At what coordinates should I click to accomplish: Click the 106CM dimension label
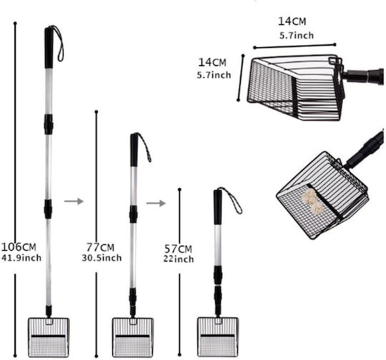[19, 246]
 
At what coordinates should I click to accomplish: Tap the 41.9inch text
[21, 258]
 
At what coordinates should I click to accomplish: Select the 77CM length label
[101, 247]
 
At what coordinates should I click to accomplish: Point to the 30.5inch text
[102, 258]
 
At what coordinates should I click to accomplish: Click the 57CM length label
[178, 249]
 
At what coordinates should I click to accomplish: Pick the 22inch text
[179, 259]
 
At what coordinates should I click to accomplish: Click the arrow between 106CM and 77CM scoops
[74, 201]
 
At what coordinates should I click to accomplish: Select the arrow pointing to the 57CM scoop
[156, 204]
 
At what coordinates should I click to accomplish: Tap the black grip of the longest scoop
[49, 48]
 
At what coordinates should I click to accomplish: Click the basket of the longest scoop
[49, 337]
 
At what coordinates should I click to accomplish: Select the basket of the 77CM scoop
[133, 337]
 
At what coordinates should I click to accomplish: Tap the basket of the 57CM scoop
[218, 337]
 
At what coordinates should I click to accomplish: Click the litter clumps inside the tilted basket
[311, 200]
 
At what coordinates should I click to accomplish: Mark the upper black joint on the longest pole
[49, 124]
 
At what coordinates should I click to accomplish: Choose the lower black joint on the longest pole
[49, 209]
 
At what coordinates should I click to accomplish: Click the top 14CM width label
[292, 21]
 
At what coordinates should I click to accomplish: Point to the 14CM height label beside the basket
[212, 62]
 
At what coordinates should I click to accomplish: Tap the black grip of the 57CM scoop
[217, 207]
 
